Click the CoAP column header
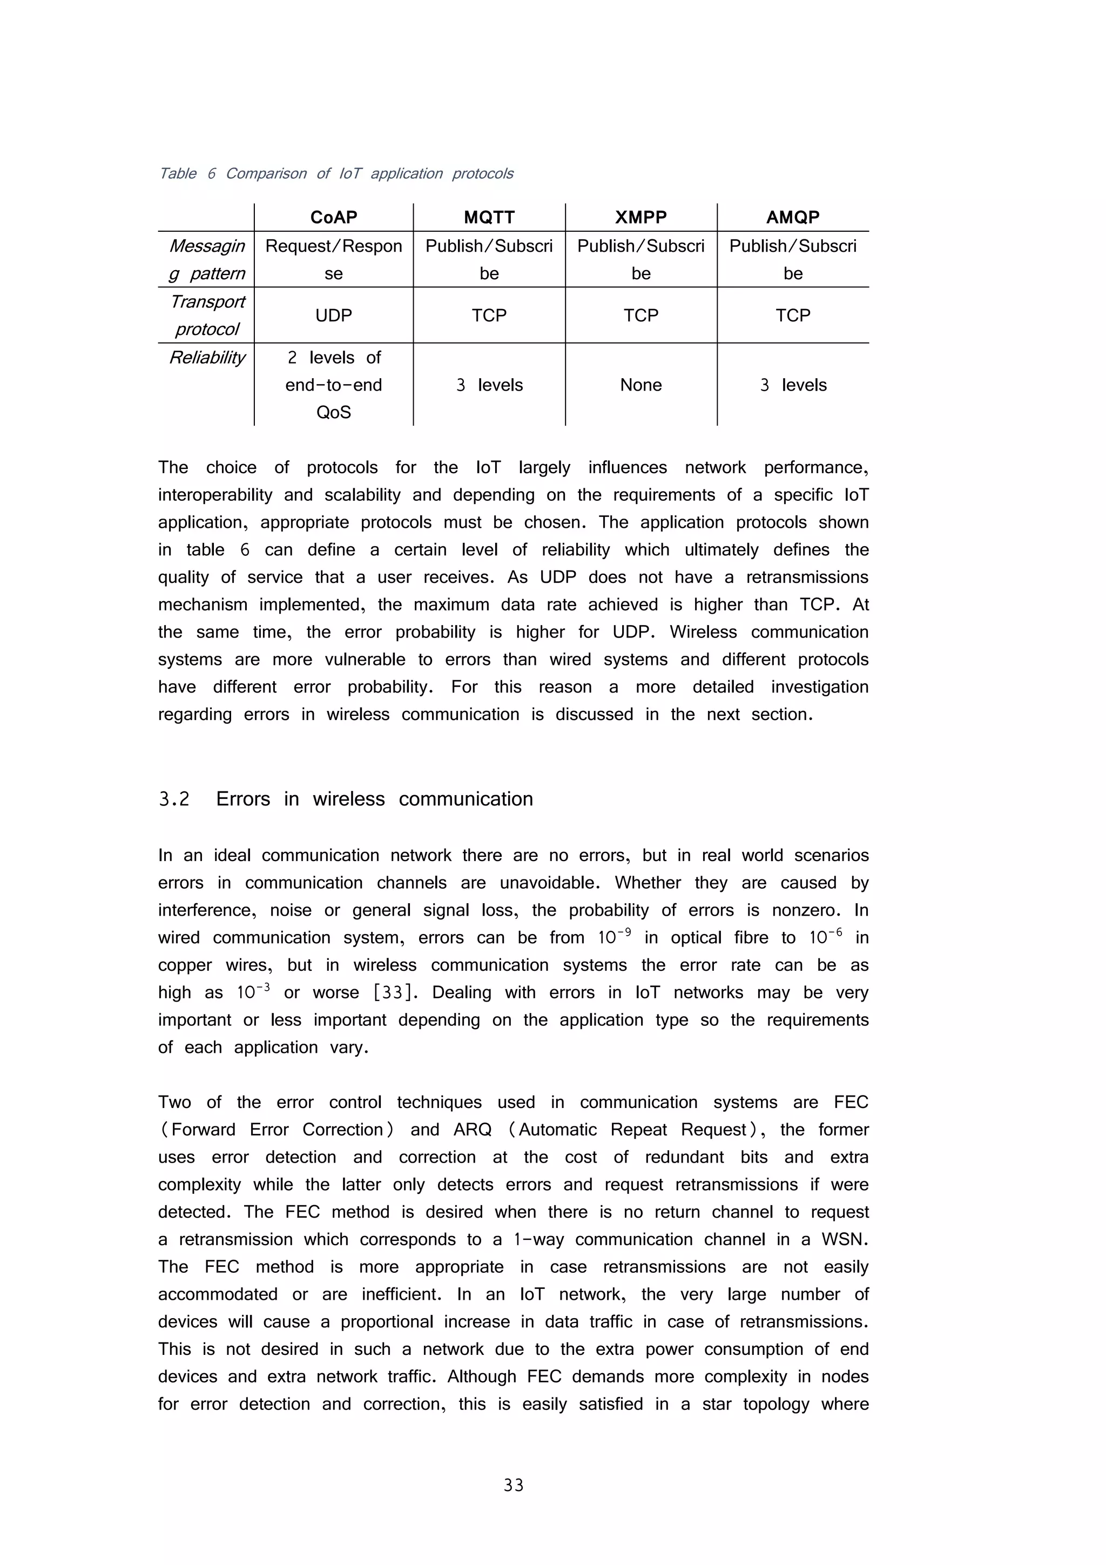pyautogui.click(x=333, y=218)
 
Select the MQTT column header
pyautogui.click(x=489, y=218)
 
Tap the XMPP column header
pyautogui.click(x=640, y=218)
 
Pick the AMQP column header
pyautogui.click(x=793, y=218)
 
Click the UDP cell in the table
pyautogui.click(x=333, y=315)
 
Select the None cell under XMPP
pyautogui.click(x=640, y=385)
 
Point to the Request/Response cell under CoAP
pyautogui.click(x=333, y=259)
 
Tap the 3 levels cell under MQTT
pyautogui.click(x=489, y=385)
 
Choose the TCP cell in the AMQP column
pyautogui.click(x=793, y=315)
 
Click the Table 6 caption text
pyautogui.click(x=335, y=174)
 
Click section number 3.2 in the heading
pyautogui.click(x=174, y=799)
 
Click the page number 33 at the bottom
pyautogui.click(x=513, y=1485)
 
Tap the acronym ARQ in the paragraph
pyautogui.click(x=472, y=1130)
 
